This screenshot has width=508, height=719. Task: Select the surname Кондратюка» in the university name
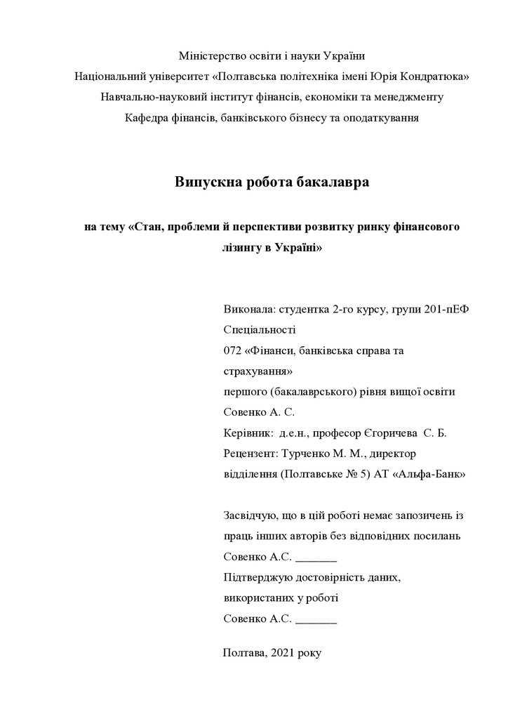(x=435, y=76)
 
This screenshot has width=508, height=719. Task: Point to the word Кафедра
(x=145, y=117)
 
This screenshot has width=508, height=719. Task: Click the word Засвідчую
(x=249, y=515)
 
